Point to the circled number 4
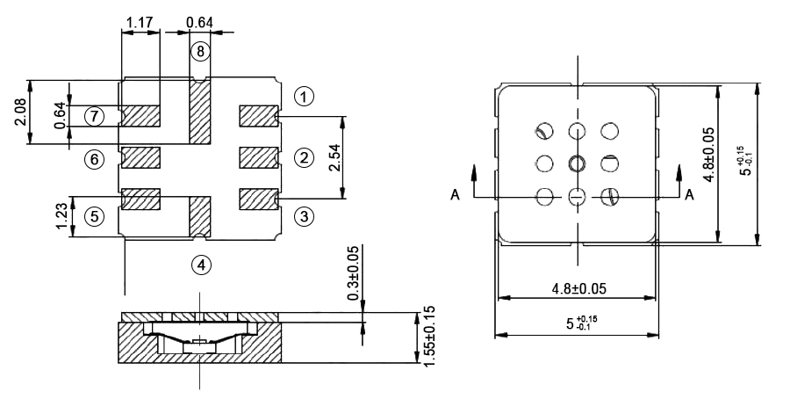(x=201, y=264)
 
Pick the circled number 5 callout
(x=94, y=216)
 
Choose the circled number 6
(x=94, y=158)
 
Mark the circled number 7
(x=94, y=115)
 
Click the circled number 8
(x=201, y=52)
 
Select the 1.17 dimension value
(x=140, y=20)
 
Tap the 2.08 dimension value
(x=20, y=112)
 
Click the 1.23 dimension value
(x=61, y=215)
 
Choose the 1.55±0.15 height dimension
(x=429, y=336)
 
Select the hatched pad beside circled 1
(x=259, y=115)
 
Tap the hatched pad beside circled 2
(x=259, y=158)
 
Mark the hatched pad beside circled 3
(x=259, y=199)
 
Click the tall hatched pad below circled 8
(x=201, y=112)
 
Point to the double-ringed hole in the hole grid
(x=577, y=163)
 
